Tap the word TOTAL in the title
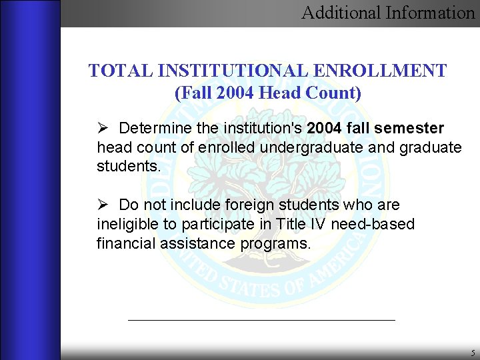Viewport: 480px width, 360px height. coord(112,71)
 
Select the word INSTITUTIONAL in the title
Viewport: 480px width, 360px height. coord(221,71)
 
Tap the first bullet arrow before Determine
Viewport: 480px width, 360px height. coord(102,127)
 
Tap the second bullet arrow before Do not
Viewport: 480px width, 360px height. coord(102,205)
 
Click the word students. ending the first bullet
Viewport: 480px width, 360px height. coord(129,166)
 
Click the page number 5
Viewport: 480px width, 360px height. coord(472,353)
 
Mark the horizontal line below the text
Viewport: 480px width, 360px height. coord(261,320)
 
